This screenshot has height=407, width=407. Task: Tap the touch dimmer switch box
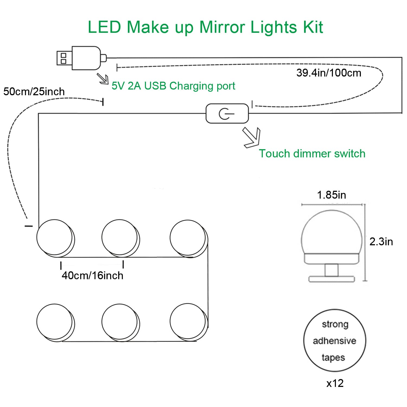[227, 113]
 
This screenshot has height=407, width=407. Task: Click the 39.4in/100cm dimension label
[329, 73]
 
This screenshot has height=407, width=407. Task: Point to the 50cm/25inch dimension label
[34, 91]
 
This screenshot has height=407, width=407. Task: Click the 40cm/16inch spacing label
[92, 275]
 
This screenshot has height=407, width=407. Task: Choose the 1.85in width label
[332, 195]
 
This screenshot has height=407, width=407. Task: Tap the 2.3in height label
[381, 241]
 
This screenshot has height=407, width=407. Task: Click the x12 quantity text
[335, 383]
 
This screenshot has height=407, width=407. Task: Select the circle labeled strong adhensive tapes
[335, 341]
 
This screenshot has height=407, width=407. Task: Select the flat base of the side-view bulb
[332, 279]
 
